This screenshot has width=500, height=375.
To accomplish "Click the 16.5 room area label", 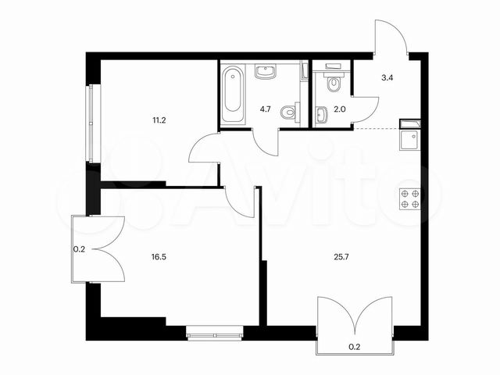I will pyautogui.click(x=161, y=253).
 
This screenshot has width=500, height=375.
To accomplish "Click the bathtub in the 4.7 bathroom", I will pyautogui.click(x=232, y=95).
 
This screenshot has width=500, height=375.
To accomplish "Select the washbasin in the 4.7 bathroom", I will pyautogui.click(x=266, y=73).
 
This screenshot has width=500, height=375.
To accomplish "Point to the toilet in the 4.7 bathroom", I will pyautogui.click(x=291, y=112).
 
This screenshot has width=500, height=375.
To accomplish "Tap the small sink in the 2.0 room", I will pyautogui.click(x=323, y=116).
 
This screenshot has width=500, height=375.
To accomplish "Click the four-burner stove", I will pyautogui.click(x=411, y=199).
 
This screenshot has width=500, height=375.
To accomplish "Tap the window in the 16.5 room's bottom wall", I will pyautogui.click(x=213, y=334).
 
